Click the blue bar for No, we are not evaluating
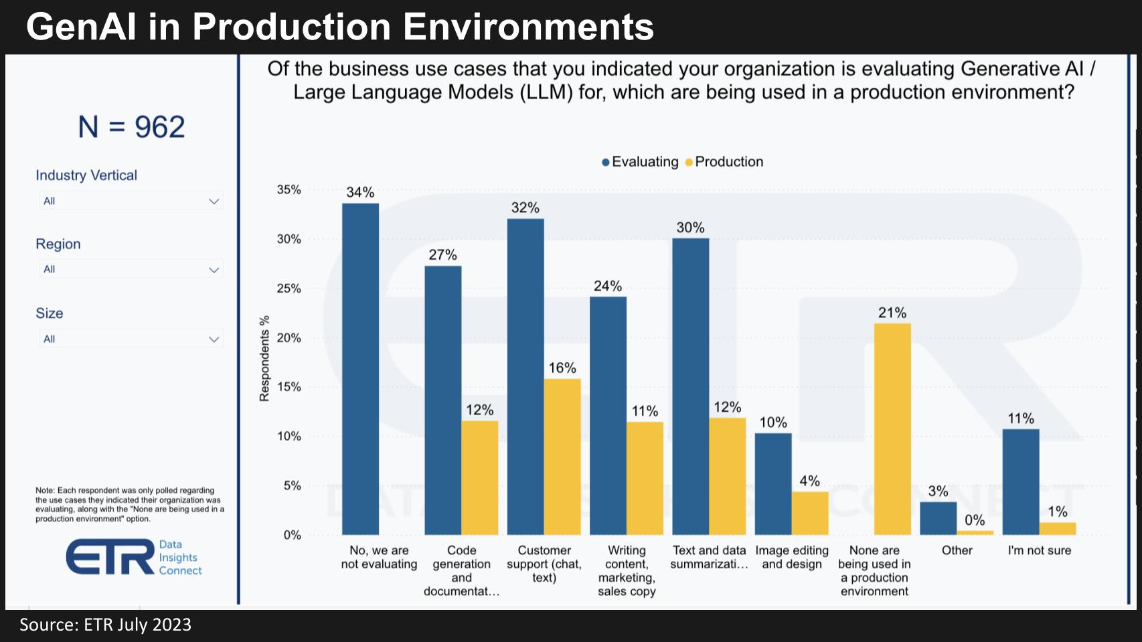[360, 368]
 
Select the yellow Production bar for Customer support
[562, 457]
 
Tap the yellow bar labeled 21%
[892, 428]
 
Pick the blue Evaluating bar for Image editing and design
[773, 483]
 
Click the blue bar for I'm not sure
[1021, 481]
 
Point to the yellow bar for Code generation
[479, 477]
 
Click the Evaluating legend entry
[641, 162]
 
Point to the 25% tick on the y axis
[289, 289]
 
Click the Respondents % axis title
[264, 359]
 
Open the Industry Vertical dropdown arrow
[214, 202]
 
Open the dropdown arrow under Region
[214, 270]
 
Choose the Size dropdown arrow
[214, 339]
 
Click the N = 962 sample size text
[131, 127]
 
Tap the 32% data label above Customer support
[525, 208]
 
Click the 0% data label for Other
[975, 520]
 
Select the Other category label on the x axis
[957, 550]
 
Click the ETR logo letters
[110, 557]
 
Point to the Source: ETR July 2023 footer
[105, 625]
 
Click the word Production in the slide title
[291, 27]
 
